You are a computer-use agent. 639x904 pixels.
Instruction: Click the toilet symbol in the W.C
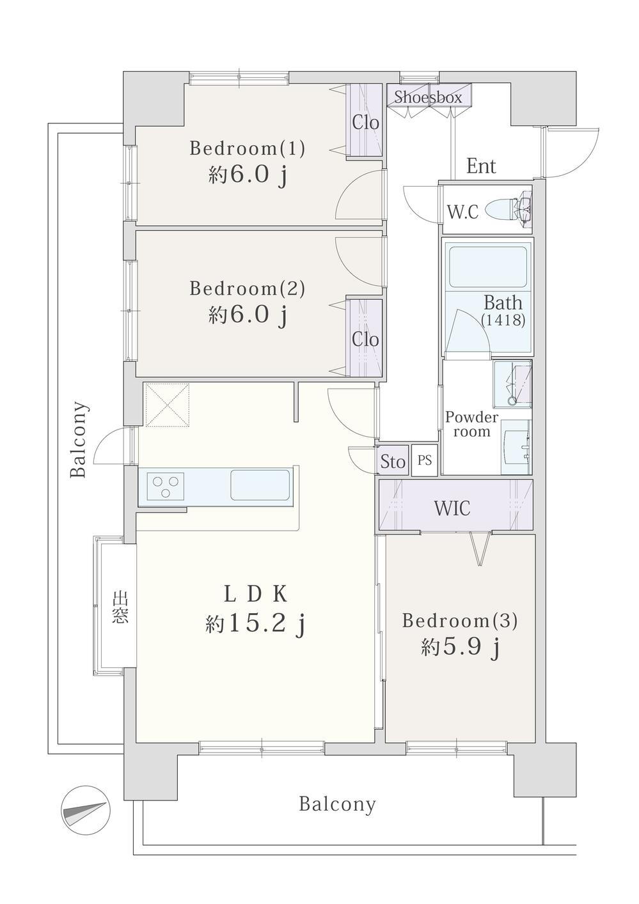point(509,209)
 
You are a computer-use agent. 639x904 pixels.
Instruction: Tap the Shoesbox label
point(428,97)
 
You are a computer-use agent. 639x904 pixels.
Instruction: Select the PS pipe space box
point(424,460)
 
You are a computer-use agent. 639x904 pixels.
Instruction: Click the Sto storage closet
point(393,460)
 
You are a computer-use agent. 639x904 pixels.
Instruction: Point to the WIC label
point(452,508)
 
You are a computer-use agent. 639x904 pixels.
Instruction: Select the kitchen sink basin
point(260,485)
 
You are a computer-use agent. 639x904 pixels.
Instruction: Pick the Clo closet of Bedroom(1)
point(366,120)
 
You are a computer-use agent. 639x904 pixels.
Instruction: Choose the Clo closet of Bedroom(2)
point(366,338)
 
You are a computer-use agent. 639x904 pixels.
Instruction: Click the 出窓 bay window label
point(120,607)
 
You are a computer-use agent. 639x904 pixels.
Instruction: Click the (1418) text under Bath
point(503,320)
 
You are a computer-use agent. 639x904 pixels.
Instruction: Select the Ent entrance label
point(481,166)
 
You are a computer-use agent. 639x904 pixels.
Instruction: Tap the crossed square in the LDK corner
point(167,405)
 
